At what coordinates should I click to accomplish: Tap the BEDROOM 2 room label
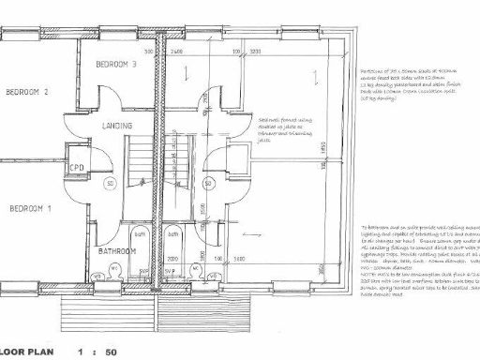coord(26,92)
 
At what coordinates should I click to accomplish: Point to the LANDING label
coord(117,126)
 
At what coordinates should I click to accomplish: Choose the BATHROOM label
coord(118,251)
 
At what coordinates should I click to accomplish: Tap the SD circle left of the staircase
coord(110,183)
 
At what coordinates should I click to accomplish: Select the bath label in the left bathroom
coord(140,232)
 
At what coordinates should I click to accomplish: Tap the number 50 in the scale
coord(111,352)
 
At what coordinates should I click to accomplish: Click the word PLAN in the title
coord(37,352)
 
